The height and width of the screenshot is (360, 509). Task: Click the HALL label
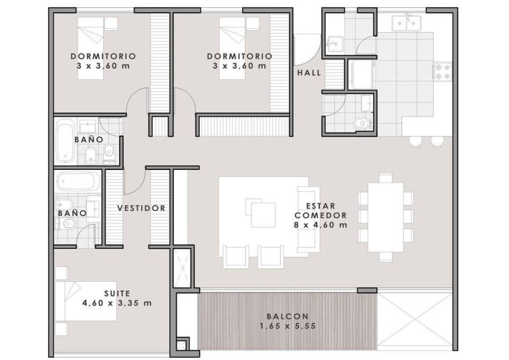(x=309, y=73)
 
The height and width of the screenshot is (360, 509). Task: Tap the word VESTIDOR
(x=141, y=208)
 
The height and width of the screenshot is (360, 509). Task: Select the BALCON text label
(x=288, y=316)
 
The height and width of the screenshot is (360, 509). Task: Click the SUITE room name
(x=117, y=293)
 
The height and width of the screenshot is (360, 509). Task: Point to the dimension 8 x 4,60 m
(x=321, y=225)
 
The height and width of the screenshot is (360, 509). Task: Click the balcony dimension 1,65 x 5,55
(x=288, y=326)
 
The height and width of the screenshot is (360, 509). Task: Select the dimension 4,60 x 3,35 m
(x=117, y=303)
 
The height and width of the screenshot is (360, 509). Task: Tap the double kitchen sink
(x=406, y=22)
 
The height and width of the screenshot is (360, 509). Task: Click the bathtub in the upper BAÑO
(x=66, y=141)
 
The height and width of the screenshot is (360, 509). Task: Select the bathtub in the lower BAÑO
(x=78, y=181)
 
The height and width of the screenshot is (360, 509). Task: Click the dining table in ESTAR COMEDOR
(x=386, y=217)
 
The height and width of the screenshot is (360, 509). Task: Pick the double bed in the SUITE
(x=86, y=301)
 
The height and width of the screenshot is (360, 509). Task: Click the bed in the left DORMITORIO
(x=91, y=48)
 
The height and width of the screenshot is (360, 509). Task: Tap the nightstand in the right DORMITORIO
(x=252, y=24)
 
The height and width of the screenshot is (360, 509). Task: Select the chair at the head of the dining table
(x=386, y=178)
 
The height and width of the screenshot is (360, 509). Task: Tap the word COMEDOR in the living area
(x=321, y=215)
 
